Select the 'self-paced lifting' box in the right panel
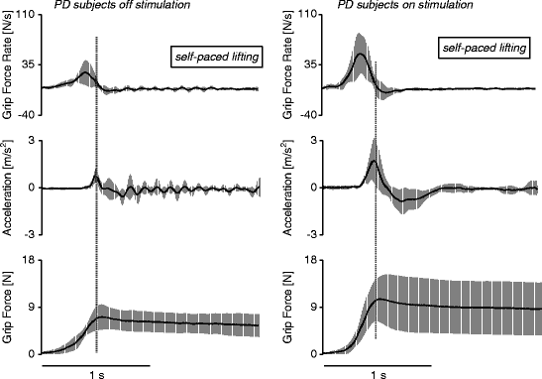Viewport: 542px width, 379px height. (x=482, y=48)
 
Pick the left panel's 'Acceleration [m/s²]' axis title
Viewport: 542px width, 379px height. (x=9, y=187)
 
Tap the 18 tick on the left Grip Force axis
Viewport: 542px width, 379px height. (x=31, y=260)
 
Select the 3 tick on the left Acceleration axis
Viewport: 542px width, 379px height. (x=34, y=140)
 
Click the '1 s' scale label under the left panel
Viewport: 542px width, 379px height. (x=95, y=375)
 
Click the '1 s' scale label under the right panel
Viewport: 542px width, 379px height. (x=378, y=375)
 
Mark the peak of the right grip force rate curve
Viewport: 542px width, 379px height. (x=360, y=55)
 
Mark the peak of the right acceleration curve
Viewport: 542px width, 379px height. (x=373, y=161)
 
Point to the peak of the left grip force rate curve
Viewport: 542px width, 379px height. (x=84, y=72)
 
